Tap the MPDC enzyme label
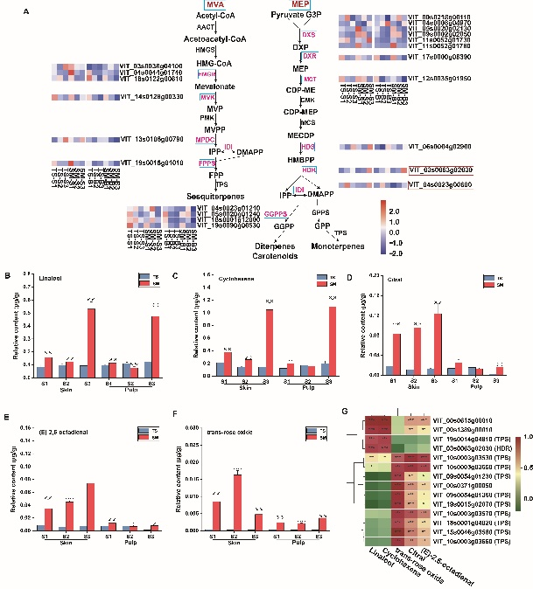[205, 139]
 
